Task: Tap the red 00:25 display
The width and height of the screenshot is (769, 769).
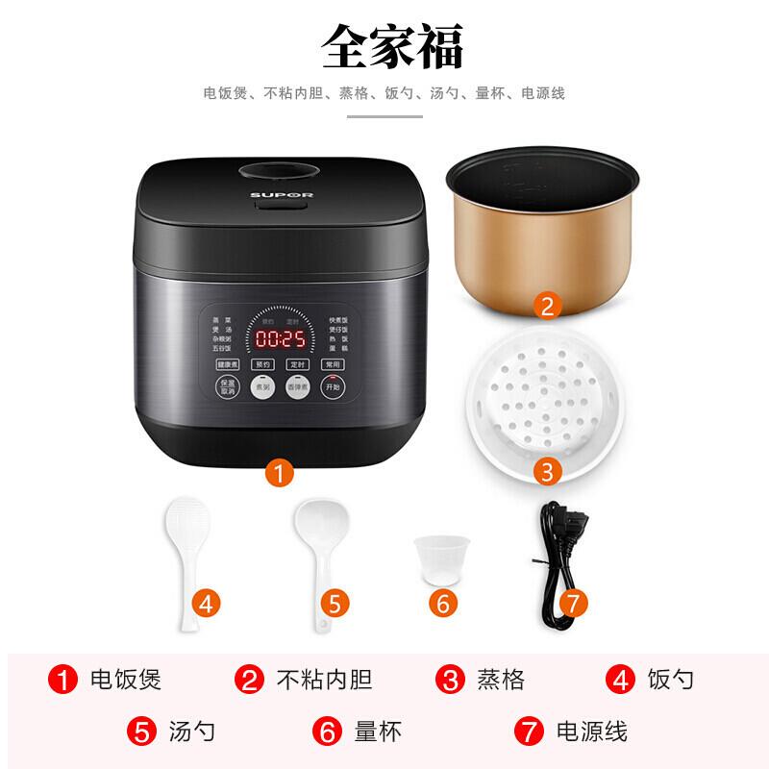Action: point(279,338)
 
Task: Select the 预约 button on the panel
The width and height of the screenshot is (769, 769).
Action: point(262,365)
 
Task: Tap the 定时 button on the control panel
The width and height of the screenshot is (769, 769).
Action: point(298,365)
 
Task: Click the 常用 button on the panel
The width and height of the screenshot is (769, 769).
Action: point(333,365)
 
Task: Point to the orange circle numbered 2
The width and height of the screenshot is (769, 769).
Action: point(545,307)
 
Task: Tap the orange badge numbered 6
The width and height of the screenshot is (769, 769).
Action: point(443,603)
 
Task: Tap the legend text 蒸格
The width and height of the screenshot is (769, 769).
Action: point(500,681)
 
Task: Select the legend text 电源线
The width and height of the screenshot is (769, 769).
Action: point(592,731)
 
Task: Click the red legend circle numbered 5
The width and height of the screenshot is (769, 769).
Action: point(143,731)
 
